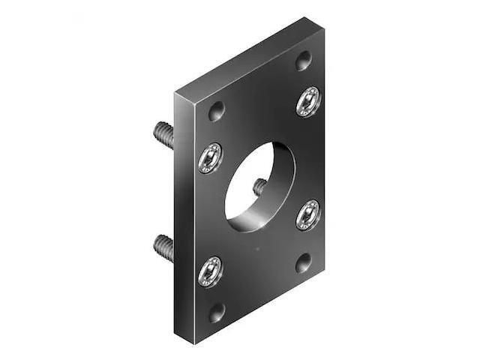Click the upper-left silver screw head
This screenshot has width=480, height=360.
210,157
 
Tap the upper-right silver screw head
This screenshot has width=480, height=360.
307,101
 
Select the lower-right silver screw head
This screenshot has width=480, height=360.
307,214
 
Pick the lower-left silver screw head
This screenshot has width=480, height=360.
210,271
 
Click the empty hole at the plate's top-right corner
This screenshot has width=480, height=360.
303,61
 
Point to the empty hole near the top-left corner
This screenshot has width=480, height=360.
216,112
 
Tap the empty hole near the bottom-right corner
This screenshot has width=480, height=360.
303,262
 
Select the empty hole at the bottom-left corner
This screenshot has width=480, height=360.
216,312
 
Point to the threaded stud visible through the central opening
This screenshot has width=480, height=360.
259,187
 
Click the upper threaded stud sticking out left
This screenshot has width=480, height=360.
163,135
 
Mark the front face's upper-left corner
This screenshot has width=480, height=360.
196,98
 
